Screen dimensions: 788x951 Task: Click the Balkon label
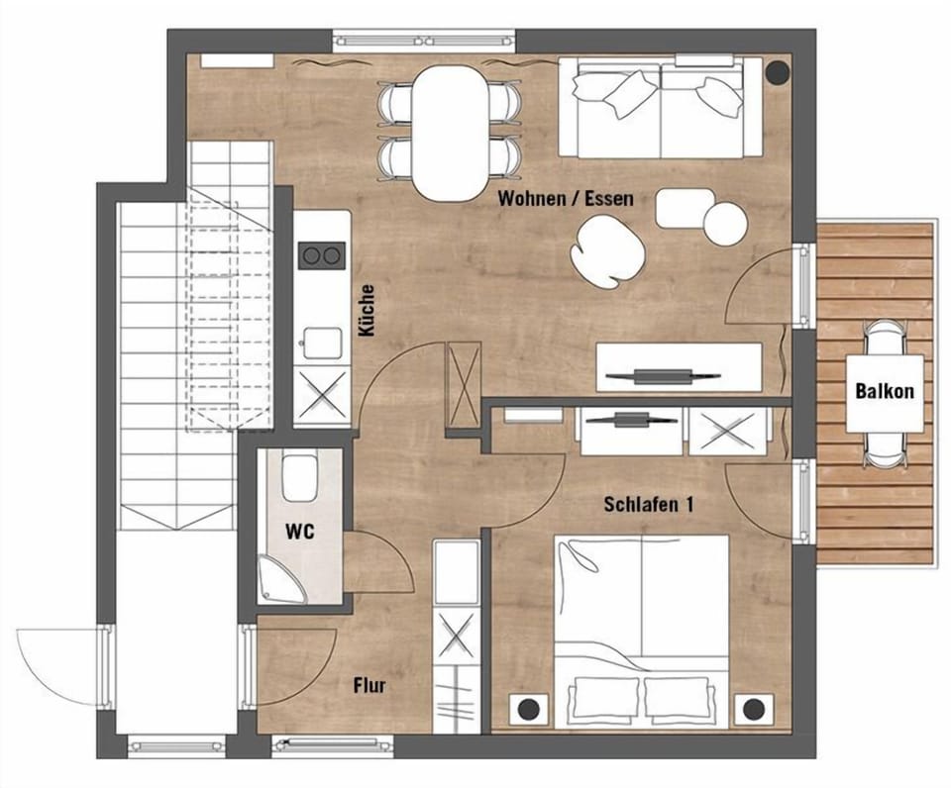pos(885,391)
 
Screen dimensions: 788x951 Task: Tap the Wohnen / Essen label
pos(565,199)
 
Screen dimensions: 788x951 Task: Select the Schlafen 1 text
pos(648,505)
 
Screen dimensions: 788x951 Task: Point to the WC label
pos(300,532)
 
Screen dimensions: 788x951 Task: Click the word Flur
pos(369,685)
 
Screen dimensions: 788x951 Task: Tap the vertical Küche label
pos(367,311)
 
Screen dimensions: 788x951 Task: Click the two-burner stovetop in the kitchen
pos(322,255)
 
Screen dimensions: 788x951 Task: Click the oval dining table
pos(450,134)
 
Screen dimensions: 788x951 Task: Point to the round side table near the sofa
pos(725,222)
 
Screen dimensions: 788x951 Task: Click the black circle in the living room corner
pos(776,72)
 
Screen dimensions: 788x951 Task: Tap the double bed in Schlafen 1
pos(641,624)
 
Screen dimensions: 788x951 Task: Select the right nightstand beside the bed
pos(755,708)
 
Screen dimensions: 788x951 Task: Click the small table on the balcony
pos(884,392)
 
